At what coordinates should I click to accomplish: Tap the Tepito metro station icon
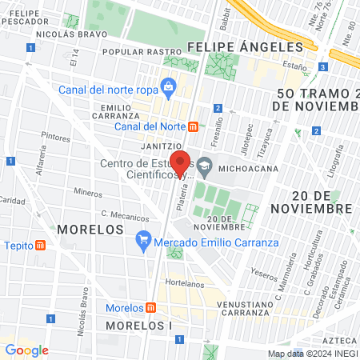click(41, 245)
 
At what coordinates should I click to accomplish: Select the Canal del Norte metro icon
click(193, 127)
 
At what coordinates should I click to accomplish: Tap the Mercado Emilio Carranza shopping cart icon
click(143, 238)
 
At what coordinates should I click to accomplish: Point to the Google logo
click(26, 350)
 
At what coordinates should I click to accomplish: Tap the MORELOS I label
click(138, 326)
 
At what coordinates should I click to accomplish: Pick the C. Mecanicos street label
click(125, 215)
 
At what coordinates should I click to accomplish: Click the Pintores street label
click(55, 138)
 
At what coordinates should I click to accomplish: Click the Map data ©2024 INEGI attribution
click(312, 354)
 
